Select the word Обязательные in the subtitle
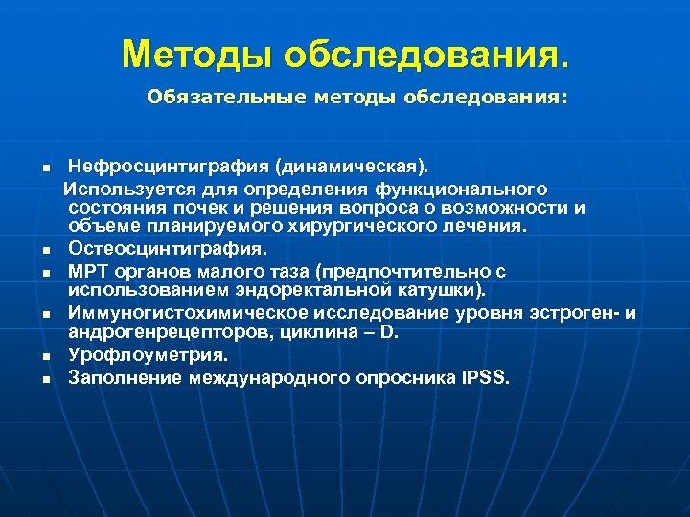coord(214,98)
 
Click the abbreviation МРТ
coord(87,271)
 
